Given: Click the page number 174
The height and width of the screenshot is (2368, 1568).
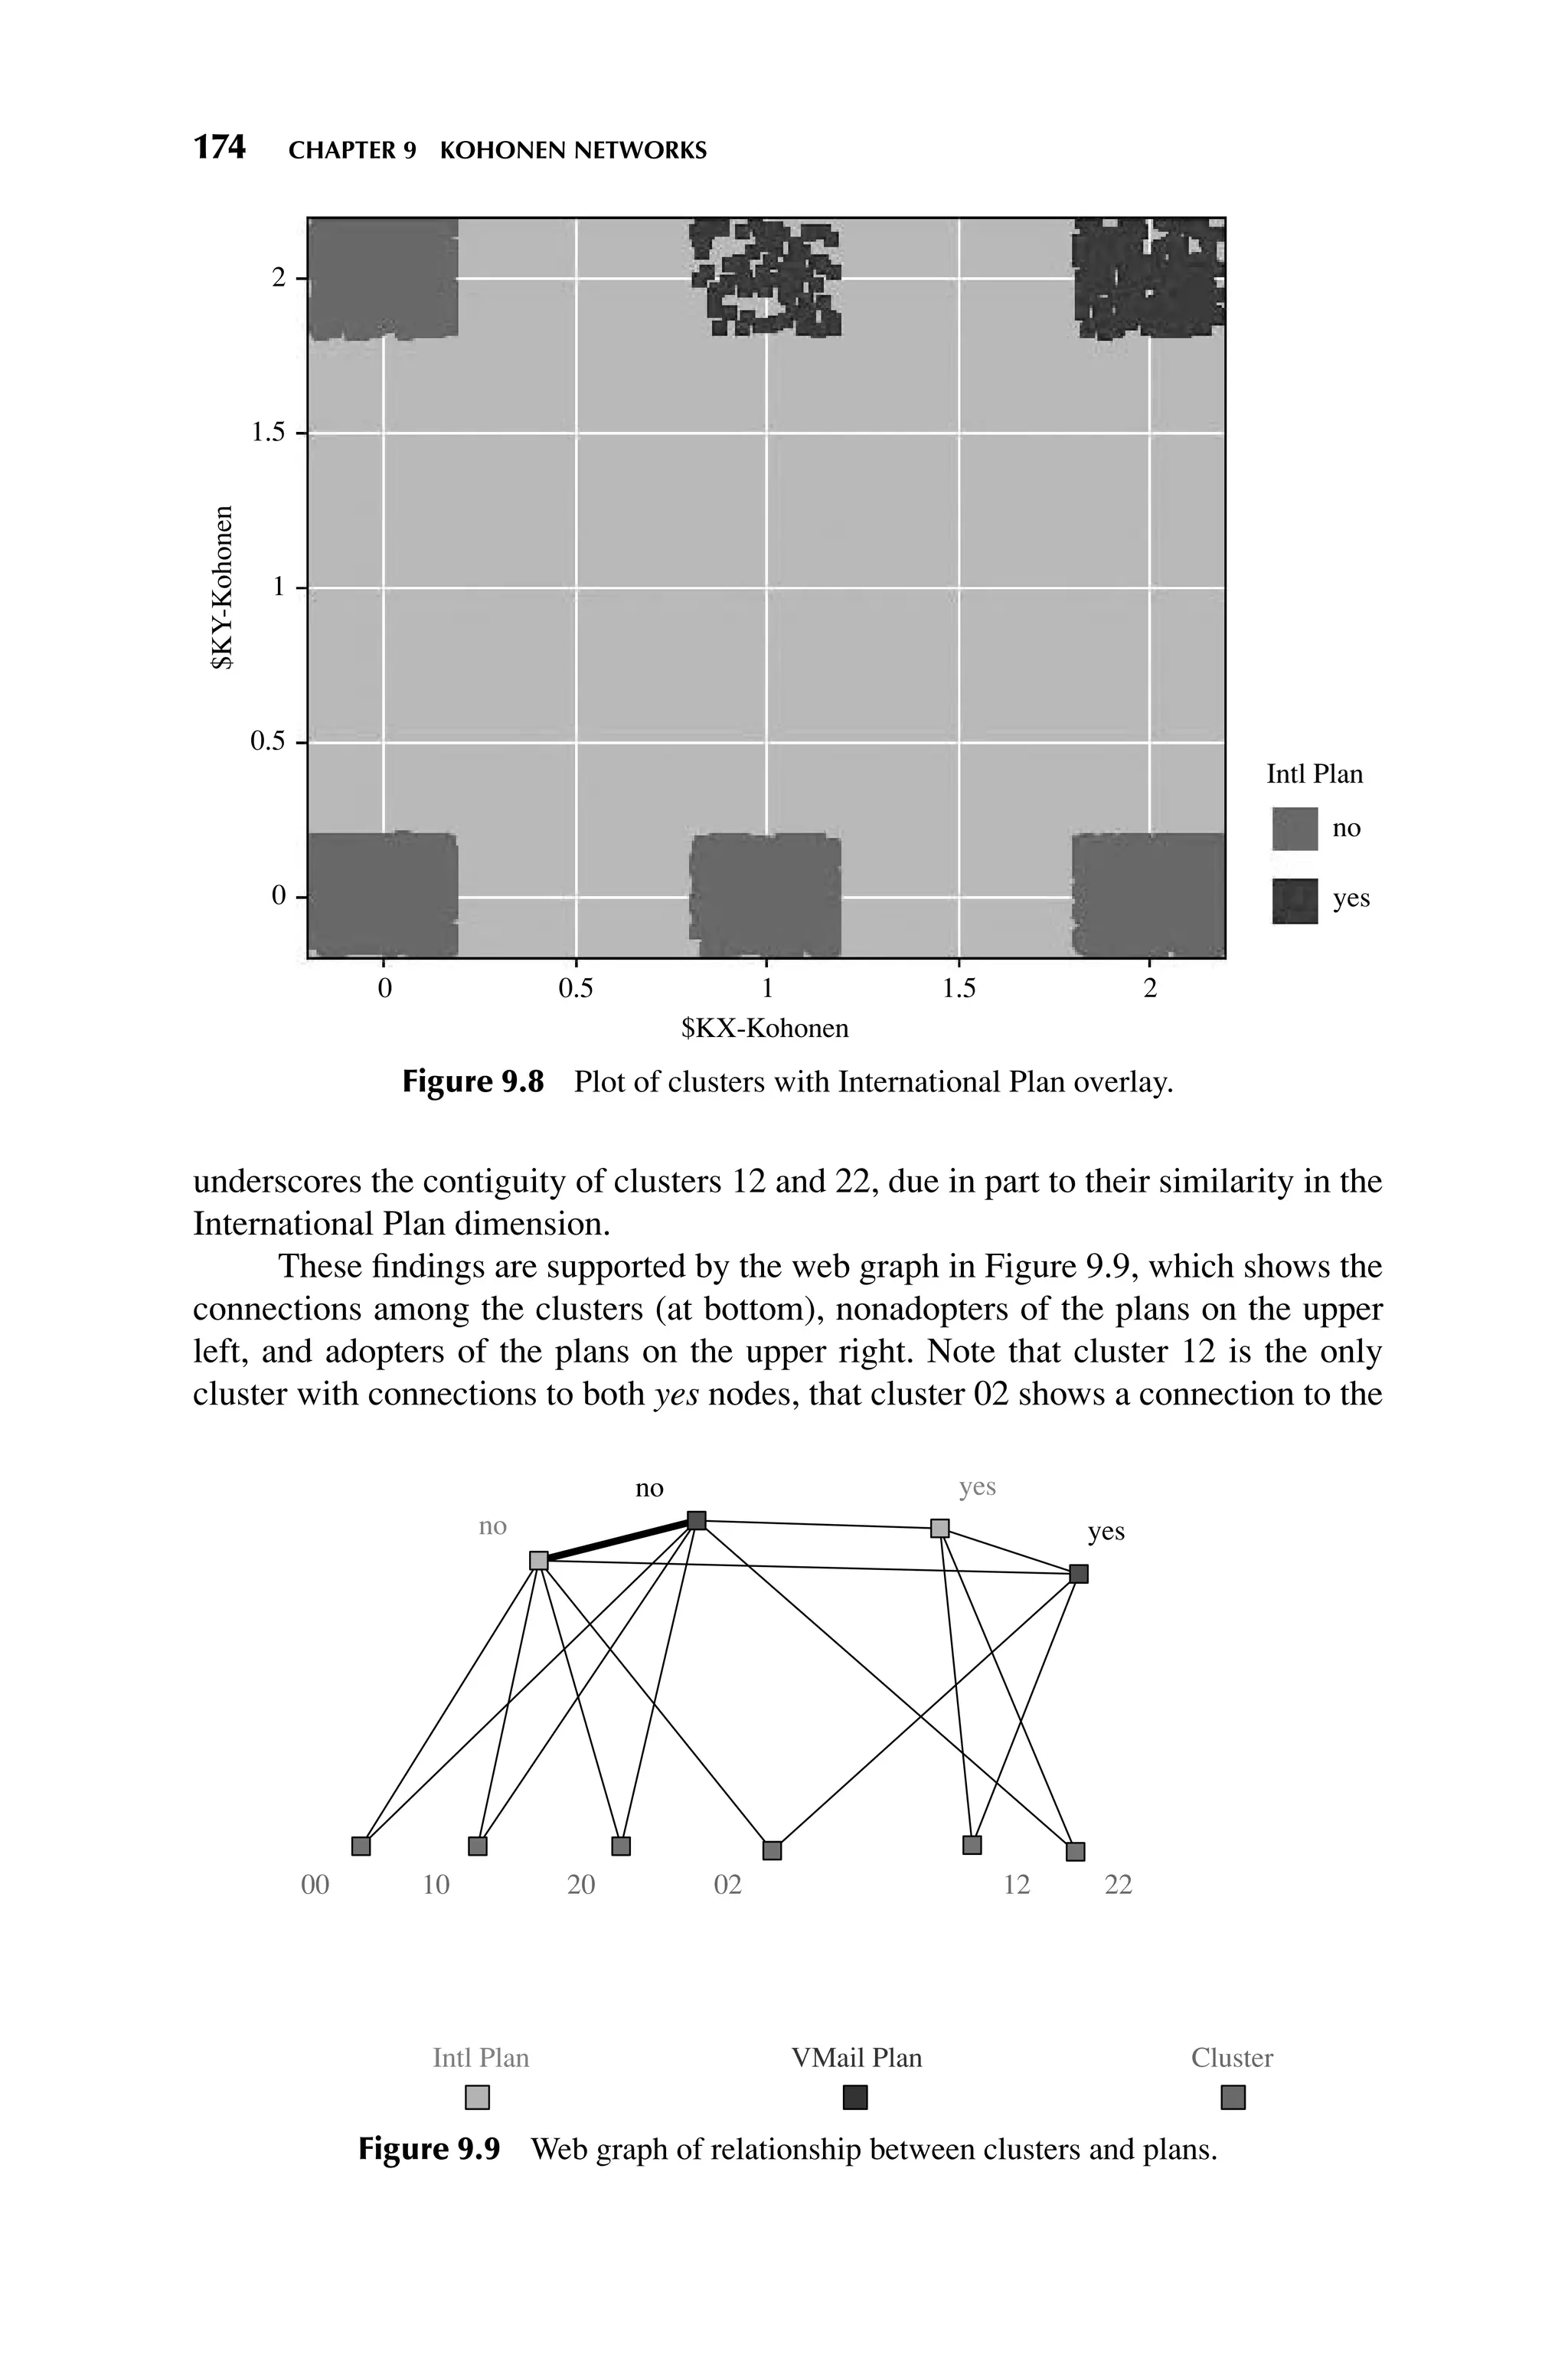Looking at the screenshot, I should point(219,148).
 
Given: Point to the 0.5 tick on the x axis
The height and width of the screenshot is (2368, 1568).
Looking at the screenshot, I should point(575,988).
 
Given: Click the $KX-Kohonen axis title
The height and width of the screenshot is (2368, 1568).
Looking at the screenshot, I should point(765,1028).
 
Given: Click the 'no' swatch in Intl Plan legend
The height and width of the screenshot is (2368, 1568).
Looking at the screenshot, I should point(1294,828).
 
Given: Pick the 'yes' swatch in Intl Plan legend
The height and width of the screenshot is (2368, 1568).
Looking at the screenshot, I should point(1294,900).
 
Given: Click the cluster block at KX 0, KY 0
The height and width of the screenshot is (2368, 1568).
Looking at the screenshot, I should point(383,893).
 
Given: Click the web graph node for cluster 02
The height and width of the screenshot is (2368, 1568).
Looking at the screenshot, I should point(771,1850).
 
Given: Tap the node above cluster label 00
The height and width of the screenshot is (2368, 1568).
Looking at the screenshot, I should point(361,1845).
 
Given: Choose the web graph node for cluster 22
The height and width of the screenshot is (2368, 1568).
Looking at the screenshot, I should point(1075,1851).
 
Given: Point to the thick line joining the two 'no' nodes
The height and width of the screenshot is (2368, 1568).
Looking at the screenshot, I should point(617,1540).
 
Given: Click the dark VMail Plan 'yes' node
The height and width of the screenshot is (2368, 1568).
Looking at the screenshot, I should point(1078,1574).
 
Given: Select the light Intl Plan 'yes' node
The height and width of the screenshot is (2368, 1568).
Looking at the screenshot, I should point(939,1528).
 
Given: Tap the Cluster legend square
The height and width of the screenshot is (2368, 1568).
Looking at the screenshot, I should point(1232,2097).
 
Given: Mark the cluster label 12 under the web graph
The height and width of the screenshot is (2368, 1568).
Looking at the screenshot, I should point(1016,1885).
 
